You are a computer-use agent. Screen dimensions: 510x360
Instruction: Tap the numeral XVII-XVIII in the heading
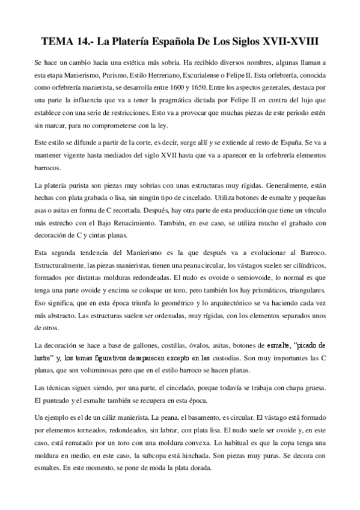(288, 42)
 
